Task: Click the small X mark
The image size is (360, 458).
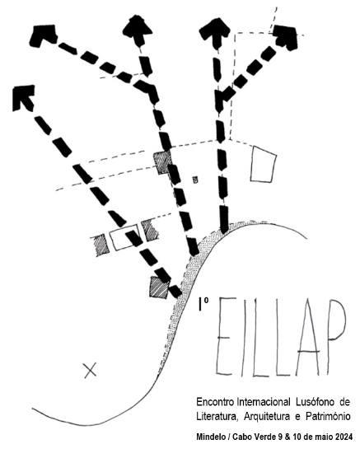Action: click(x=90, y=371)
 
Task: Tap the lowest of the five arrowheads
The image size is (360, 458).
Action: click(x=23, y=97)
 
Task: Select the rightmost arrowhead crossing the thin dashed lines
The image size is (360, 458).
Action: click(x=286, y=37)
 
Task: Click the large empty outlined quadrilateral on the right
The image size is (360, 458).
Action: click(x=264, y=165)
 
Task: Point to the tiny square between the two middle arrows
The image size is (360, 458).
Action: click(x=195, y=180)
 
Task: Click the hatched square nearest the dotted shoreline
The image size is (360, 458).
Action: click(x=159, y=287)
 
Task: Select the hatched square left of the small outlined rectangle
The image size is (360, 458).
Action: click(x=101, y=245)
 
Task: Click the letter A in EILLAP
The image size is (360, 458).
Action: click(x=308, y=338)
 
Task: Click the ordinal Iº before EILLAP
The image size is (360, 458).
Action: click(x=203, y=304)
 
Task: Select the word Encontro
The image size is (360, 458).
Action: click(x=215, y=402)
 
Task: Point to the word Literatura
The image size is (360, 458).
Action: click(x=216, y=416)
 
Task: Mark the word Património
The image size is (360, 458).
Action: click(x=328, y=416)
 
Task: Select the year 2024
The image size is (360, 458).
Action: click(x=344, y=437)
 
